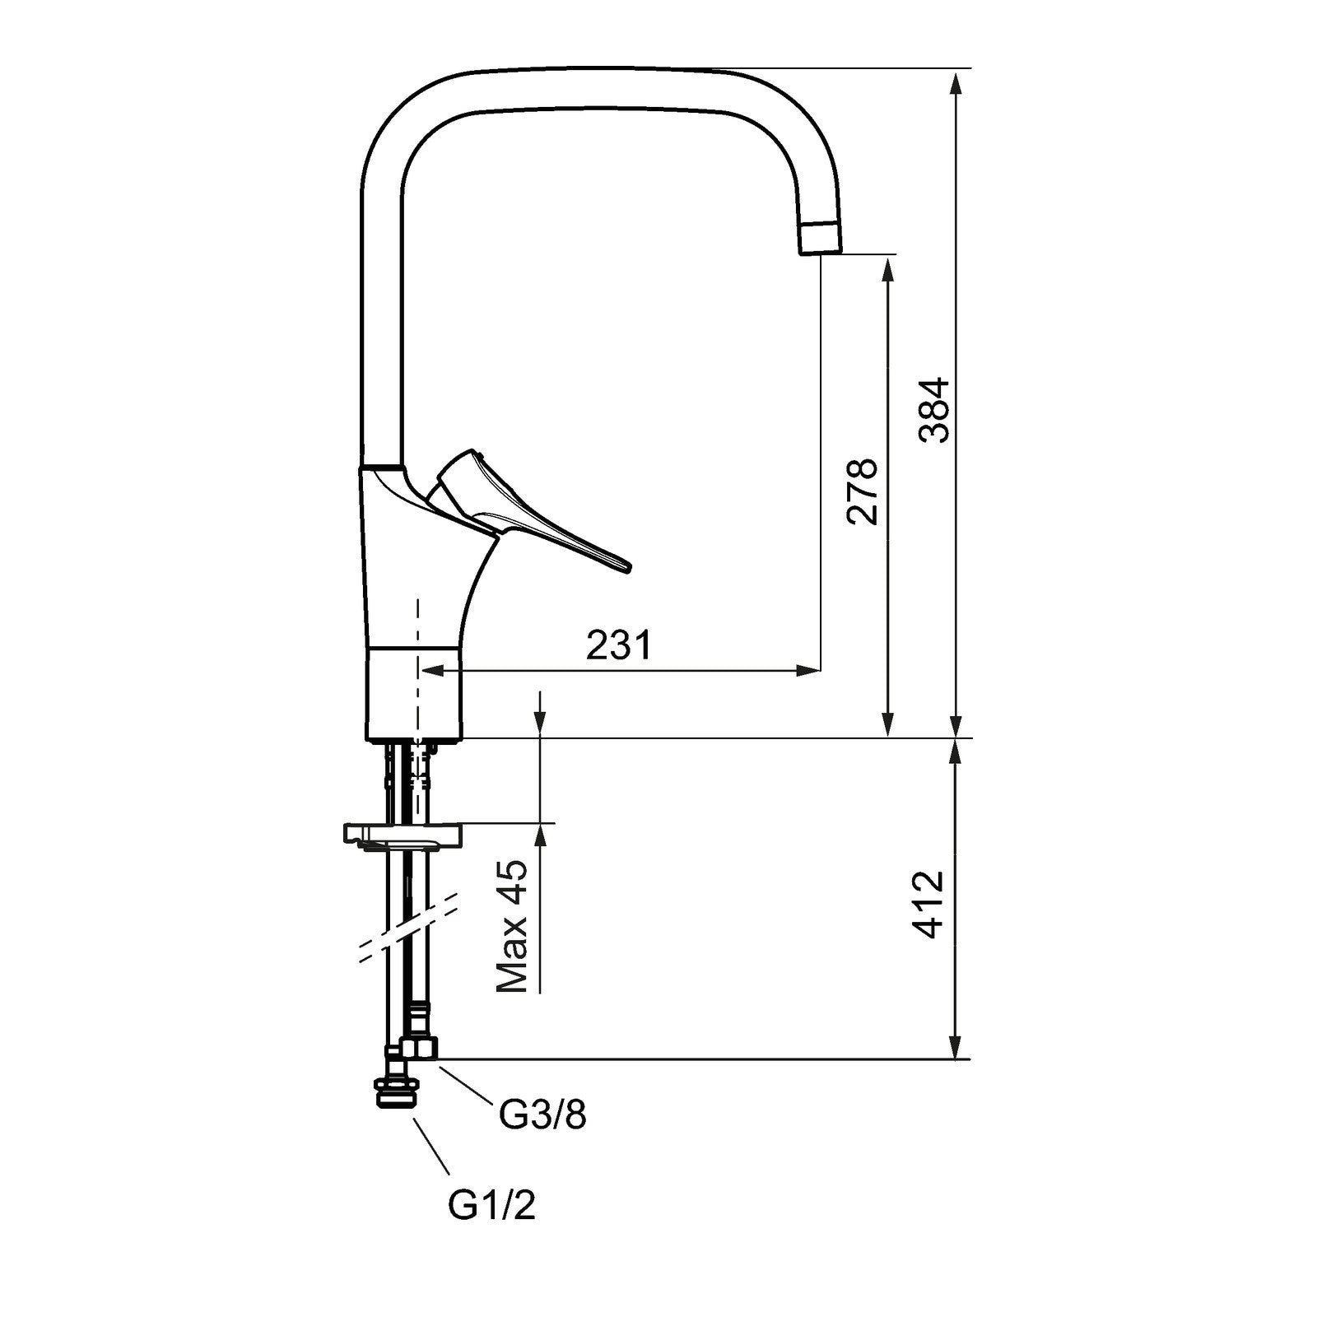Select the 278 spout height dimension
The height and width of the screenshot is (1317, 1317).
pyautogui.click(x=863, y=491)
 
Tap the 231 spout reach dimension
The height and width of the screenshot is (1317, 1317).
pyautogui.click(x=618, y=645)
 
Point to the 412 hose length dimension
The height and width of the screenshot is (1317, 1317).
pyautogui.click(x=929, y=904)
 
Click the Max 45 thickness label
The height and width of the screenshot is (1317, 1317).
pyautogui.click(x=511, y=927)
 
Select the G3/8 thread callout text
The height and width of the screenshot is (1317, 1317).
pyautogui.click(x=542, y=1115)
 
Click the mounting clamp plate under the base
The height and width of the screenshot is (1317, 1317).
pyautogui.click(x=403, y=835)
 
